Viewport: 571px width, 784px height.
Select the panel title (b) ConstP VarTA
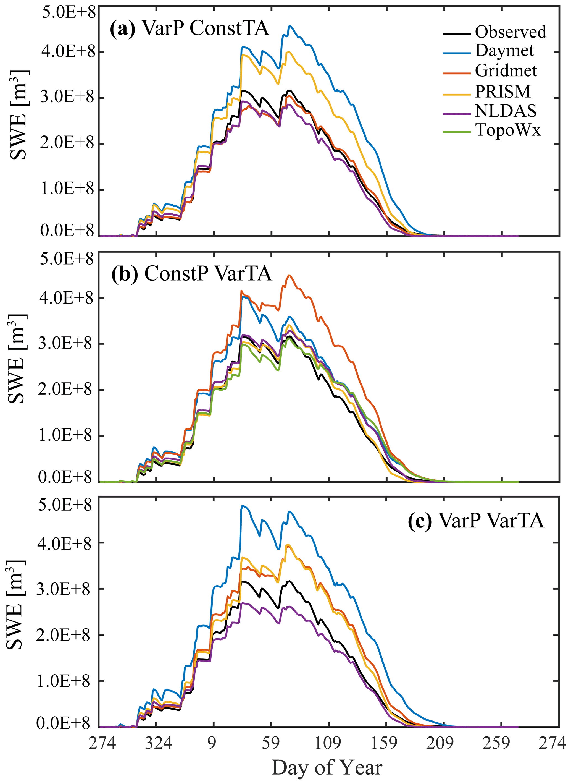(x=191, y=274)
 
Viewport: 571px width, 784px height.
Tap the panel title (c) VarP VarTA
(x=476, y=521)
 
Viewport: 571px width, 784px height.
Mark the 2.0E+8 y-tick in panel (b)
(x=66, y=390)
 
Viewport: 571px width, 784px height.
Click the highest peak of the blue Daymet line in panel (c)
(x=243, y=506)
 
